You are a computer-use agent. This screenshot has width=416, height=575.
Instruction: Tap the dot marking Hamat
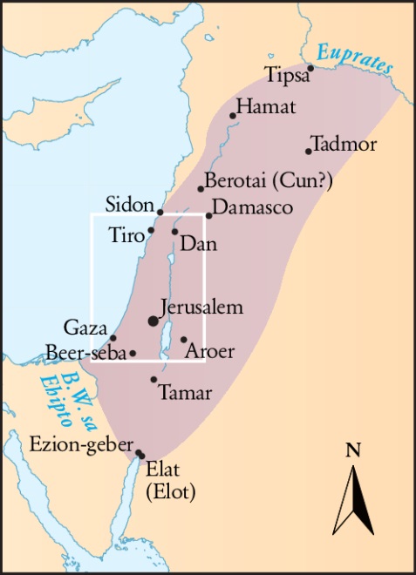(233, 115)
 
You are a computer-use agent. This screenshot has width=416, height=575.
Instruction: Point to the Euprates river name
(354, 57)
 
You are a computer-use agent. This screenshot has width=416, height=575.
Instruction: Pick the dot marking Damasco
(209, 215)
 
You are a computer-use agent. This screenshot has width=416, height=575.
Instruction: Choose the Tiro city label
(127, 233)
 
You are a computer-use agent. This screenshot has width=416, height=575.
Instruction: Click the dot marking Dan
(175, 231)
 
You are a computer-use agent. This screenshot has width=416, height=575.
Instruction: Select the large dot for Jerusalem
(153, 321)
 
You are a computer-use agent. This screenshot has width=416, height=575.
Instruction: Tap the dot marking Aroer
(183, 340)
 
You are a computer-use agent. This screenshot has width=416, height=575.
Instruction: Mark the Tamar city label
(186, 393)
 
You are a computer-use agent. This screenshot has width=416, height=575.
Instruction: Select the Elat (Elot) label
(171, 482)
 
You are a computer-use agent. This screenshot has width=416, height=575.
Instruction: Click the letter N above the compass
(353, 450)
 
